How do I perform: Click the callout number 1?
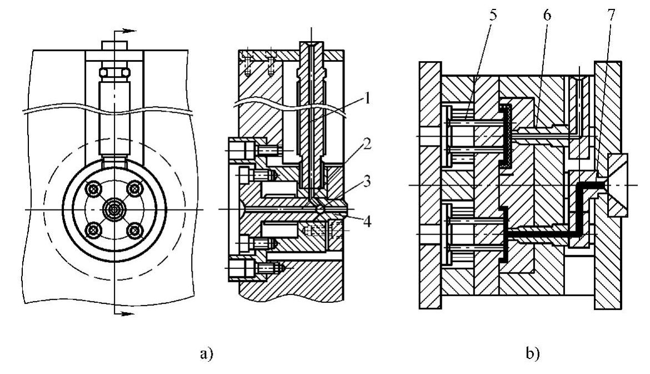pos(367,99)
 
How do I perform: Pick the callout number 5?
pos(492,16)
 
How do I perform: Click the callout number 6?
pos(547,16)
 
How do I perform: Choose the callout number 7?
pos(611,16)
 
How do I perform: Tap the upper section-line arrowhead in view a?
pos(131,31)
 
